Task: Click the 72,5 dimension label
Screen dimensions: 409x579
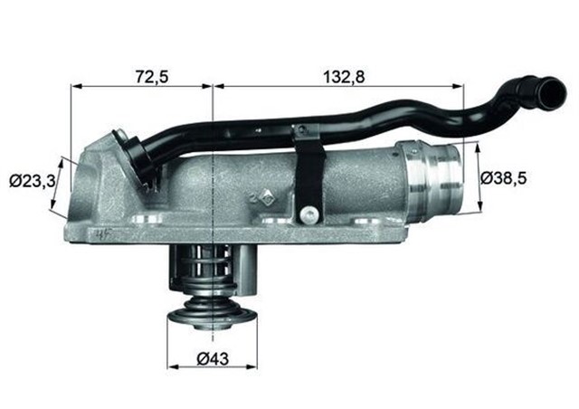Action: (152, 77)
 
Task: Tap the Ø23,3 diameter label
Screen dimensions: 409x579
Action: (33, 181)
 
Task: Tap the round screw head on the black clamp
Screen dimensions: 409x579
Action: (310, 214)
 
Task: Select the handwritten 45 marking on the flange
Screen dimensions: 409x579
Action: (104, 234)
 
